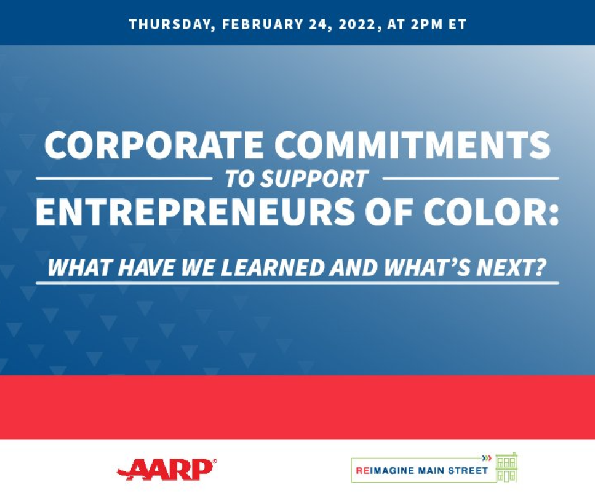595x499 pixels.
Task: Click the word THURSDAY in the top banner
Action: (169, 24)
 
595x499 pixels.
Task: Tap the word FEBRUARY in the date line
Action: (263, 24)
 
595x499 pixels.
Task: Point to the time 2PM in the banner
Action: (427, 24)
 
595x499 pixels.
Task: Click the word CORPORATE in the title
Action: (154, 146)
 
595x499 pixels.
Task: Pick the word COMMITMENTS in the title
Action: (413, 146)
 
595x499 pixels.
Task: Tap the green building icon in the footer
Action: (506, 468)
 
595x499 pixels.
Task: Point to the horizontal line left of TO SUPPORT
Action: (123, 178)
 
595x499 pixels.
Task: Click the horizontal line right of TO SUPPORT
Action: (471, 178)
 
